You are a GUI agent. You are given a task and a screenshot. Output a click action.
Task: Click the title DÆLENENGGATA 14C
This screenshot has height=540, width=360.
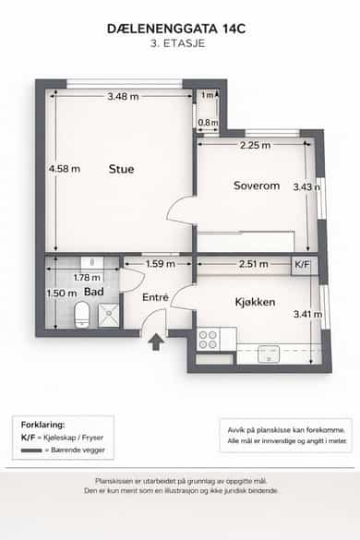176,29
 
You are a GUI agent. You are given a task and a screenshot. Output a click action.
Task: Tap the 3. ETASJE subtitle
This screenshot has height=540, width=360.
178,43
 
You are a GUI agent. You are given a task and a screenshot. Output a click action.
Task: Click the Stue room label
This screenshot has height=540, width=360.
121,169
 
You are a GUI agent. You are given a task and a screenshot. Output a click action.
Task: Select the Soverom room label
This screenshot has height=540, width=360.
257,186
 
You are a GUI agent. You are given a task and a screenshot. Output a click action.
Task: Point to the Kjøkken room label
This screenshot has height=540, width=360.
255,302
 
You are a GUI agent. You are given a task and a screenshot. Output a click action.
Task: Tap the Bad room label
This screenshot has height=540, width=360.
94,292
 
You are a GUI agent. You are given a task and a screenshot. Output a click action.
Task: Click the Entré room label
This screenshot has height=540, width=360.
155,297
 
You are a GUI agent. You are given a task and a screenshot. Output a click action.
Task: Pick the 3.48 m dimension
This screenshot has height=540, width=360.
123,96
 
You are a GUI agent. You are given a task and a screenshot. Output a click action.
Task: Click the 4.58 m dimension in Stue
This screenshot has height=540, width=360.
65,169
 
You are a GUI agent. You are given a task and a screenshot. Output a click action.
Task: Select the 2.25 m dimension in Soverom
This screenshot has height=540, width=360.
256,145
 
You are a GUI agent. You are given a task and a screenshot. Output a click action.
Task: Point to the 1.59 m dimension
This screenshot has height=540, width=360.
161,264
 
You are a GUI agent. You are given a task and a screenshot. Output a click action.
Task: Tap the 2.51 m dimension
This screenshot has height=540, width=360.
254,264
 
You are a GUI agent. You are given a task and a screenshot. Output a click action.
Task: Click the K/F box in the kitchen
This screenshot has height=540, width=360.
303,265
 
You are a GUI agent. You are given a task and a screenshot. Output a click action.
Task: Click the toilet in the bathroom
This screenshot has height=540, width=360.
81,315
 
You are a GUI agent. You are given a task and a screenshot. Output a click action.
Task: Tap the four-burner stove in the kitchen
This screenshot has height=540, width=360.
208,340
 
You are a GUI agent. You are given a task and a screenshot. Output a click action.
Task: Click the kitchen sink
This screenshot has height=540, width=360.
269,354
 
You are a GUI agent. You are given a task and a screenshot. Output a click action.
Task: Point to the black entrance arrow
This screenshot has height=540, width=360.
156,342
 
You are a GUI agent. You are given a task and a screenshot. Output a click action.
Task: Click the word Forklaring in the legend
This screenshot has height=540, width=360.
42,425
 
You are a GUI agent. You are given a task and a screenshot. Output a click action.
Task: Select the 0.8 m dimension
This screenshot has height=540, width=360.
208,123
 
